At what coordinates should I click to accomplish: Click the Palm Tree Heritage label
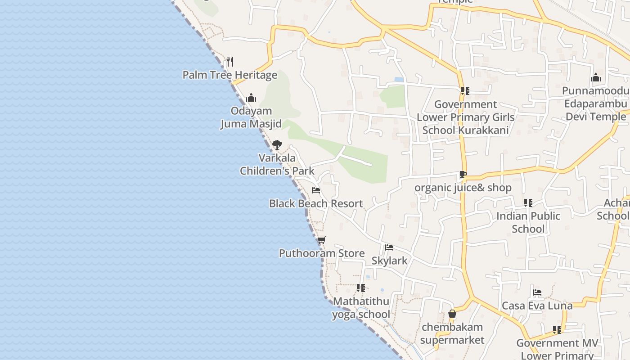click(229, 75)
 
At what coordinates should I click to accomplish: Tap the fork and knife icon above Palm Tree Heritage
click(229, 61)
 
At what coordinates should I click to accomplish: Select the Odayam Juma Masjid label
click(251, 117)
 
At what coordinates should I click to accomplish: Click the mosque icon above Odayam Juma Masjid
click(251, 98)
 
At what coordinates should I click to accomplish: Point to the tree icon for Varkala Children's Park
click(277, 145)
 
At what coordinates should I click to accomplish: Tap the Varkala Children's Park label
click(277, 164)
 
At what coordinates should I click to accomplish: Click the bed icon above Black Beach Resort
click(316, 190)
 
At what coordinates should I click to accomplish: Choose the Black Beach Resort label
click(316, 203)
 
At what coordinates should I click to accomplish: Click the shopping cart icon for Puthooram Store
click(321, 240)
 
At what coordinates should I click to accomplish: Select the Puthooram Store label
click(322, 253)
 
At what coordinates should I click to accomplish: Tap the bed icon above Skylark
click(389, 247)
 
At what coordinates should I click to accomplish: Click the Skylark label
click(389, 261)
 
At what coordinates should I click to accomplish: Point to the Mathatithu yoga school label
click(361, 308)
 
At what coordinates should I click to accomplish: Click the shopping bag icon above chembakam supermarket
click(452, 314)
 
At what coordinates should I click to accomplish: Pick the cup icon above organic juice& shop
click(463, 175)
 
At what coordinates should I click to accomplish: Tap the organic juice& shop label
click(463, 188)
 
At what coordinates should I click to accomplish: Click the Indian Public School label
click(528, 222)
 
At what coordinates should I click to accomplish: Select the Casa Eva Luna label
click(537, 306)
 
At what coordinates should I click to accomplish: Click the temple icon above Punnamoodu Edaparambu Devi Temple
click(596, 78)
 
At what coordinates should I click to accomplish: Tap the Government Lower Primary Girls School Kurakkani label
click(465, 117)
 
